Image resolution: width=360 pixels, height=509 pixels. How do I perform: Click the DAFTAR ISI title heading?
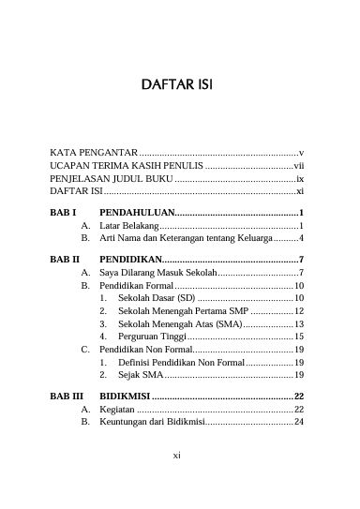point(179,85)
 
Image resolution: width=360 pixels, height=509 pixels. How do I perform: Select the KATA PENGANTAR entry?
point(93,151)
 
